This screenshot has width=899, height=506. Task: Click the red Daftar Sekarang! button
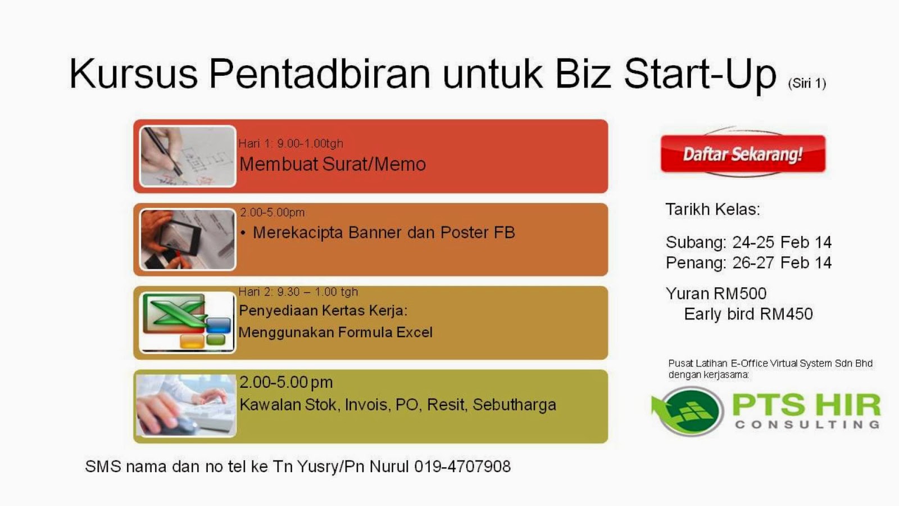(x=743, y=153)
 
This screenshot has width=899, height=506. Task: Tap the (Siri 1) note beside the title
(x=807, y=83)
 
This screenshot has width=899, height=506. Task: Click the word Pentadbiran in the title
(x=319, y=74)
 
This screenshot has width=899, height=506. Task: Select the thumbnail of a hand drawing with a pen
(x=187, y=156)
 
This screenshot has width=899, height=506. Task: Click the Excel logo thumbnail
(x=187, y=322)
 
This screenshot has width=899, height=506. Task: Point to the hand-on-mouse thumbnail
(x=186, y=405)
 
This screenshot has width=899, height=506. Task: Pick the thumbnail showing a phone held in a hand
(x=187, y=240)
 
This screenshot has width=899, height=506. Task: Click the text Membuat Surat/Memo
(x=333, y=164)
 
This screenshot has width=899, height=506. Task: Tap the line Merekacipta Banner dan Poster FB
(x=384, y=232)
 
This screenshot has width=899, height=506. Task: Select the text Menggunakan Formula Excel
(x=335, y=332)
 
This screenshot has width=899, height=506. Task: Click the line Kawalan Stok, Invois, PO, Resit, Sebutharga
(x=398, y=405)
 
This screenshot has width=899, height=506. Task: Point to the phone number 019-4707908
(x=462, y=467)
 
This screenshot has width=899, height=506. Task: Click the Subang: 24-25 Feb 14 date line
(x=748, y=242)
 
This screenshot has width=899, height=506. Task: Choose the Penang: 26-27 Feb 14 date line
(x=748, y=263)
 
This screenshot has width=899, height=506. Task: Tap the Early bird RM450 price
(x=748, y=314)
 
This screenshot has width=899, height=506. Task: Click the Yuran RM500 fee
(x=716, y=293)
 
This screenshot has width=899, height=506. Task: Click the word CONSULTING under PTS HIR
(x=807, y=424)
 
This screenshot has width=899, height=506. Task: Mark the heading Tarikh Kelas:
(x=712, y=209)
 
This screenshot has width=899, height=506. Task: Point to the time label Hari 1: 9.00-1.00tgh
(x=290, y=143)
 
